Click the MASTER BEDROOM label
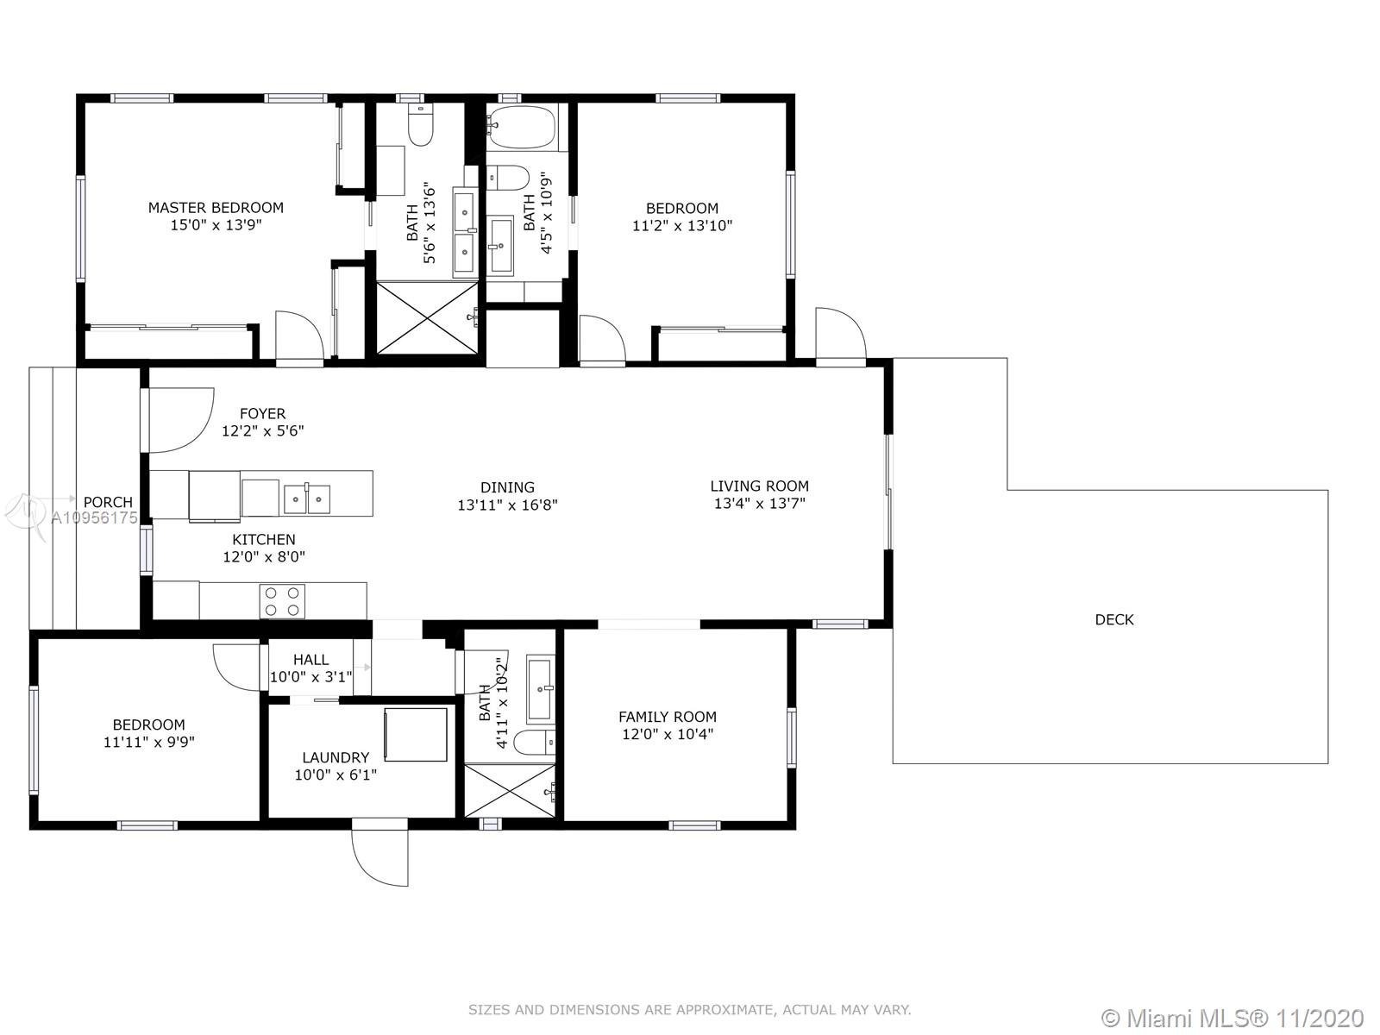(x=216, y=207)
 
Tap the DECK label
(x=1114, y=619)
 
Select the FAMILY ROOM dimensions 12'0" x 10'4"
(x=668, y=734)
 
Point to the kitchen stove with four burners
(x=282, y=601)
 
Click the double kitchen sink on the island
(x=307, y=499)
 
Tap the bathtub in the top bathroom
(x=522, y=126)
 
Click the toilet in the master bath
(x=421, y=124)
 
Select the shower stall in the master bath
(x=427, y=318)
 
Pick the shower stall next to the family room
(x=510, y=791)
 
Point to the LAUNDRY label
(x=336, y=757)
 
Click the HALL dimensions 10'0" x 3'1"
(x=310, y=677)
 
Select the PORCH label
(x=108, y=502)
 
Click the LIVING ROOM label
(x=760, y=486)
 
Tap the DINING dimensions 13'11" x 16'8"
(x=507, y=505)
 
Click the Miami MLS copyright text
(x=1233, y=1019)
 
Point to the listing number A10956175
(x=94, y=517)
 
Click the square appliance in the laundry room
(x=416, y=735)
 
